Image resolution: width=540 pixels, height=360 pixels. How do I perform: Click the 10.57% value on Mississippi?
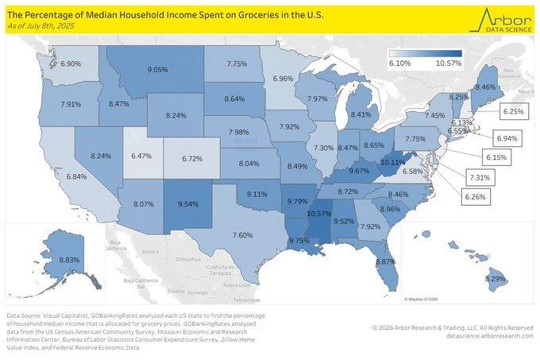tap(318, 213)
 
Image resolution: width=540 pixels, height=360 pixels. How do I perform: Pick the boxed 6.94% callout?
tap(507, 139)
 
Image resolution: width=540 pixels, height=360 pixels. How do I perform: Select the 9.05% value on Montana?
tap(157, 70)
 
